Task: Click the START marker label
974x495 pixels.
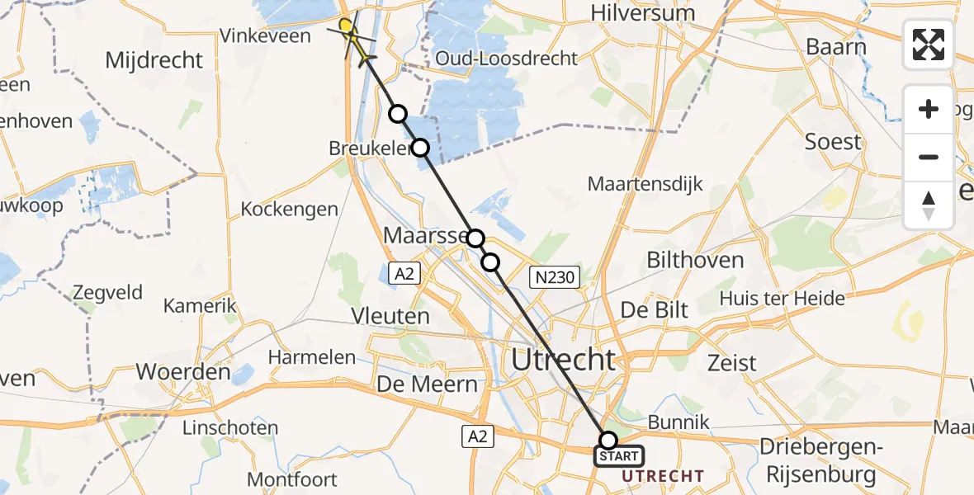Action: coord(618,456)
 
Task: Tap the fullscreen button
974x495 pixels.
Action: coord(929,45)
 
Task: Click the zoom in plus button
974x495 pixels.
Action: coord(929,109)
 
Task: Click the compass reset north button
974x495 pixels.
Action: coord(929,205)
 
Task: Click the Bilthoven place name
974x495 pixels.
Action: coord(695,261)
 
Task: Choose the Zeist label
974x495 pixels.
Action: coord(732,362)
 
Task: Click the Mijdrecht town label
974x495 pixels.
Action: coord(154,60)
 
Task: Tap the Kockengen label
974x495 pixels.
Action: coord(290,209)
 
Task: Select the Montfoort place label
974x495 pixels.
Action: coord(292,479)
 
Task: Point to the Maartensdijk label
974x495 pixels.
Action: coord(645,183)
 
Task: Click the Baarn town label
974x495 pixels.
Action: coord(836,47)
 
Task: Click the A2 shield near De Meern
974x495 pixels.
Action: coord(477,437)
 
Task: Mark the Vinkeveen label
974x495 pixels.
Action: coord(265,36)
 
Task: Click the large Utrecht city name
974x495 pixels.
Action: coord(564,360)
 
